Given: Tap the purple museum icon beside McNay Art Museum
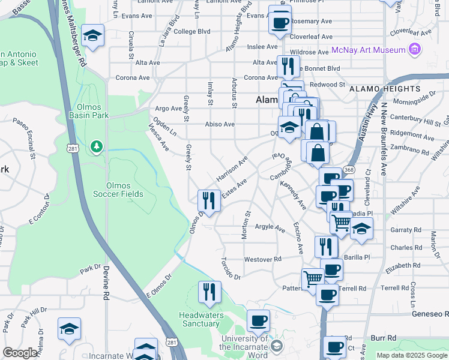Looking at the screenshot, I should click(414, 49).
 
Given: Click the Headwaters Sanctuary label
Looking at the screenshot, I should click(201, 319).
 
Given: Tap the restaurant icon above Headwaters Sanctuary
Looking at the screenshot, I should click(209, 292).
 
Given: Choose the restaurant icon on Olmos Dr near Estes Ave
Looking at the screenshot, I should click(209, 200).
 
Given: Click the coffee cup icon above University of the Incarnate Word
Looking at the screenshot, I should click(258, 321).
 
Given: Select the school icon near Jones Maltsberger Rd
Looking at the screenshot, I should click(93, 37).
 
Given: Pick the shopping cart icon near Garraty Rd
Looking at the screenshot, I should click(342, 222).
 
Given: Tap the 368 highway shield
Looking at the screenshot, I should click(349, 170).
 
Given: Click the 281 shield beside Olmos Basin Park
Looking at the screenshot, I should click(71, 149).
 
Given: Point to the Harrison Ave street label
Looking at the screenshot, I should click(232, 169).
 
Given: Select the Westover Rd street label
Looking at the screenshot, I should click(263, 259).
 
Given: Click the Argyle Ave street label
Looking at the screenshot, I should click(270, 228).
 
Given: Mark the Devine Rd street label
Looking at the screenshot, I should click(106, 283).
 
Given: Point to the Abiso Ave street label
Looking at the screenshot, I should click(220, 124).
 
